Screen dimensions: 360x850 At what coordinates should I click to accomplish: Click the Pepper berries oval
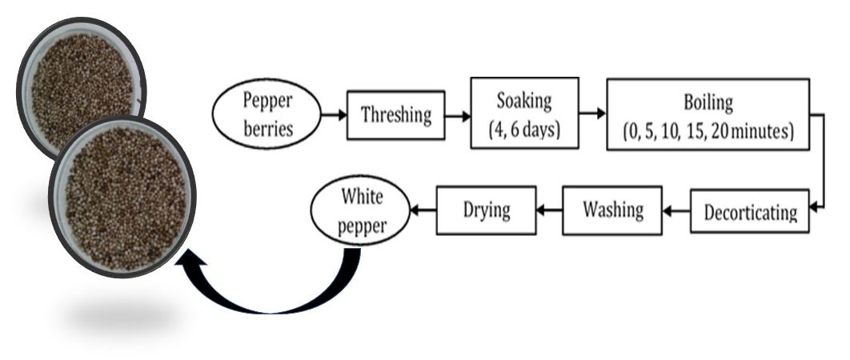click(266, 114)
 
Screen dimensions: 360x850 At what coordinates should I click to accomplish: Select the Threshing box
click(395, 115)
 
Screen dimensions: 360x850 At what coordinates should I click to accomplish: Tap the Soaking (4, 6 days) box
click(524, 113)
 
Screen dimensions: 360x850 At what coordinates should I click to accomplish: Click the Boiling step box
click(707, 114)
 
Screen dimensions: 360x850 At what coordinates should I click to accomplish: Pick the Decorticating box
click(749, 210)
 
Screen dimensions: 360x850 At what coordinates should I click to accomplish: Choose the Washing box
click(612, 210)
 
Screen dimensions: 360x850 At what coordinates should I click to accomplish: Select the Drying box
click(485, 210)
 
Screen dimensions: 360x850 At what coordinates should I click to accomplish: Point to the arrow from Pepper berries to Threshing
click(334, 115)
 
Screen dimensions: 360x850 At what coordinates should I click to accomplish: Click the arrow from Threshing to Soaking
click(457, 115)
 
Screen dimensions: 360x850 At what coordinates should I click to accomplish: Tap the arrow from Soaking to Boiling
click(591, 114)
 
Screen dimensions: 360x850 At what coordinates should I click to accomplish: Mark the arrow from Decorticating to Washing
click(676, 211)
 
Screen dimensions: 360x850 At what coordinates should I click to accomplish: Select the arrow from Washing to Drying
click(548, 210)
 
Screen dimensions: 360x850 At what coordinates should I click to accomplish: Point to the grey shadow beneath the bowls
click(120, 318)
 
